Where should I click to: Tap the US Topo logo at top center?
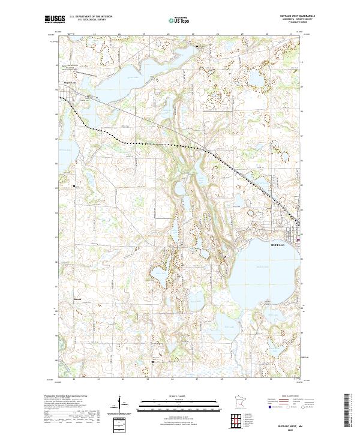[x=178, y=21]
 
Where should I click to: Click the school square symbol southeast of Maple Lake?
[x=89, y=97]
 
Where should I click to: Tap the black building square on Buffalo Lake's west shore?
[x=225, y=257]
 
